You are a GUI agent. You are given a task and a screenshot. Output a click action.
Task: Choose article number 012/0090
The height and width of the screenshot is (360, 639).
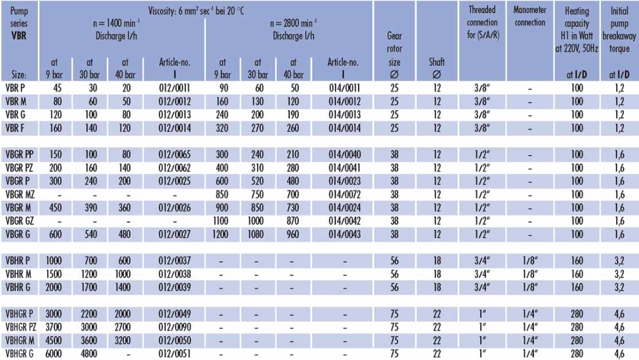pos(174,327)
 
